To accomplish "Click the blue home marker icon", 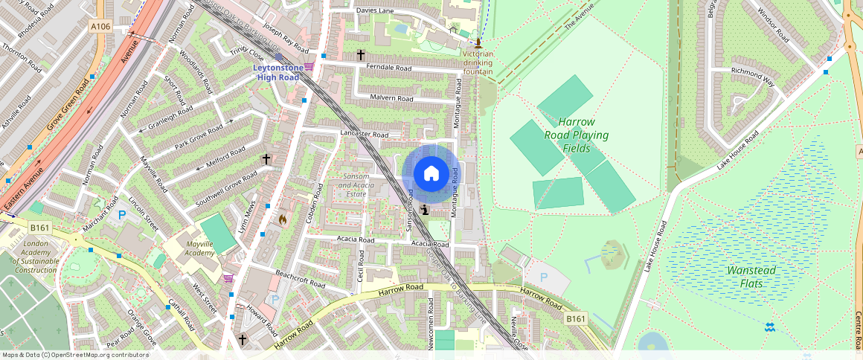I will pos(431,174).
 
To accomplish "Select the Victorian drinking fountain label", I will pos(478,63).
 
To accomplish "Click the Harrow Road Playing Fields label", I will pos(577,135).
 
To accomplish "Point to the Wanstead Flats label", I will pos(751,276).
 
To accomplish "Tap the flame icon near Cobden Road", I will pos(282,219).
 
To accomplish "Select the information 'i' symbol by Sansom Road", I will pos(424,210).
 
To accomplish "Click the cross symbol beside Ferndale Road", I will pos(361,55).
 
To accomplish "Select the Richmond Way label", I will pos(753,74).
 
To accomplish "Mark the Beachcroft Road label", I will pos(300,279).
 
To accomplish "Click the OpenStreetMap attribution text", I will pos(75,355).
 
